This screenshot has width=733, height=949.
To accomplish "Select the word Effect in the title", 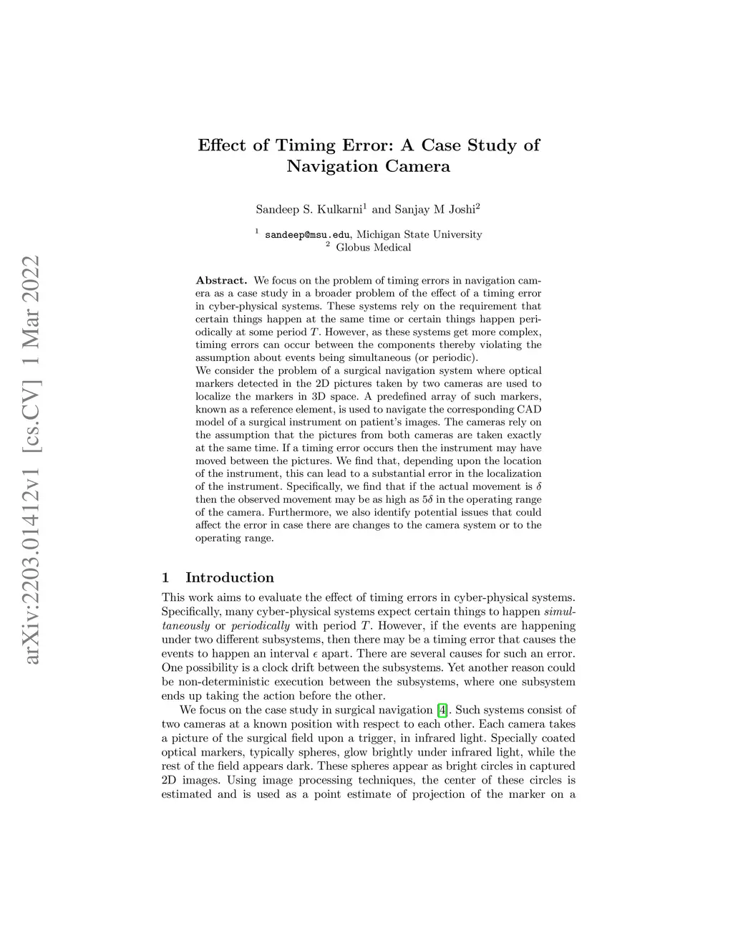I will (223, 145).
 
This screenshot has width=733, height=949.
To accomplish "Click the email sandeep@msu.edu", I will (307, 234).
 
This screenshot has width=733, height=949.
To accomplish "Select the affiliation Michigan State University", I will (419, 234).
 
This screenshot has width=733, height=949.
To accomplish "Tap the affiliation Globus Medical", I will (373, 247).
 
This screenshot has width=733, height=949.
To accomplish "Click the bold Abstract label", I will (221, 280).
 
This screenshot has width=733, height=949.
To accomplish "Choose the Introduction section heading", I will (229, 577).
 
